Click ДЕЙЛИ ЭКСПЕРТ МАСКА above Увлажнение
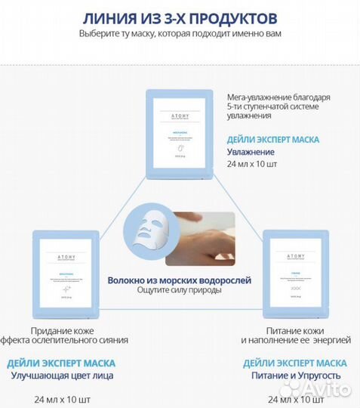point(273,139)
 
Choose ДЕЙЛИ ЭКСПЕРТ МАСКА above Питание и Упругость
point(296,363)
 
